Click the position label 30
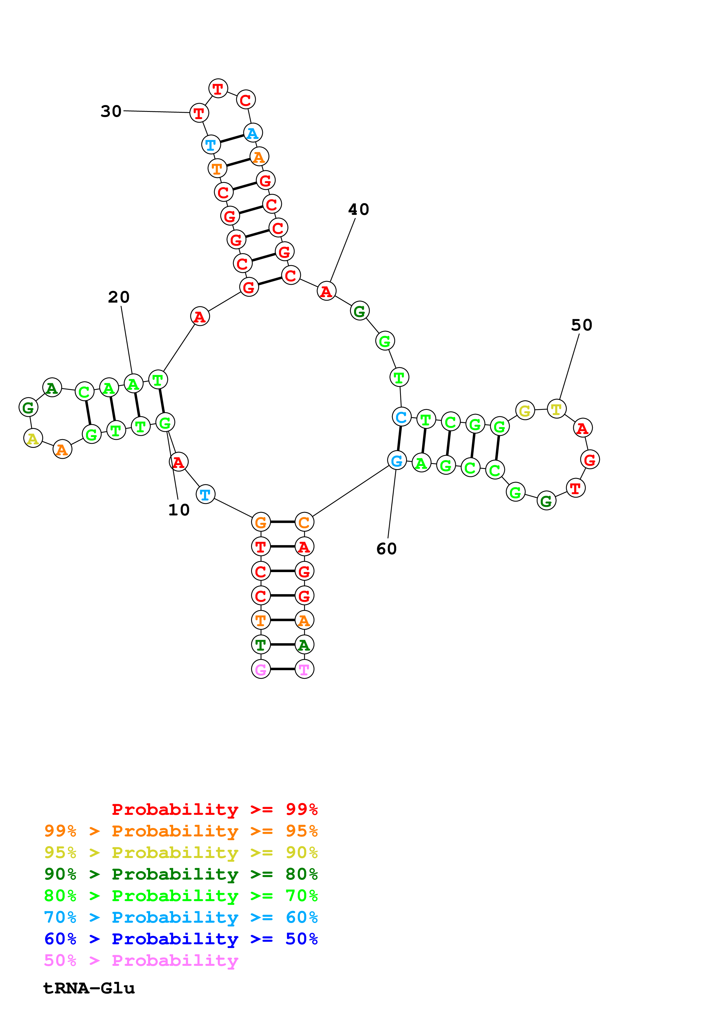[111, 111]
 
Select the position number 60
[386, 549]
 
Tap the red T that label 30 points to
[199, 113]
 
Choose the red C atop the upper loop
[246, 100]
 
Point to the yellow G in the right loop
[525, 411]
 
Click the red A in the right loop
[582, 428]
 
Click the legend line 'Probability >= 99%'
[214, 809]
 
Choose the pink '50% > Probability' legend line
[141, 960]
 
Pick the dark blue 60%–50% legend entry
[181, 939]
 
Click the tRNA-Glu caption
[89, 988]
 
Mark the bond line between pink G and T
[282, 669]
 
